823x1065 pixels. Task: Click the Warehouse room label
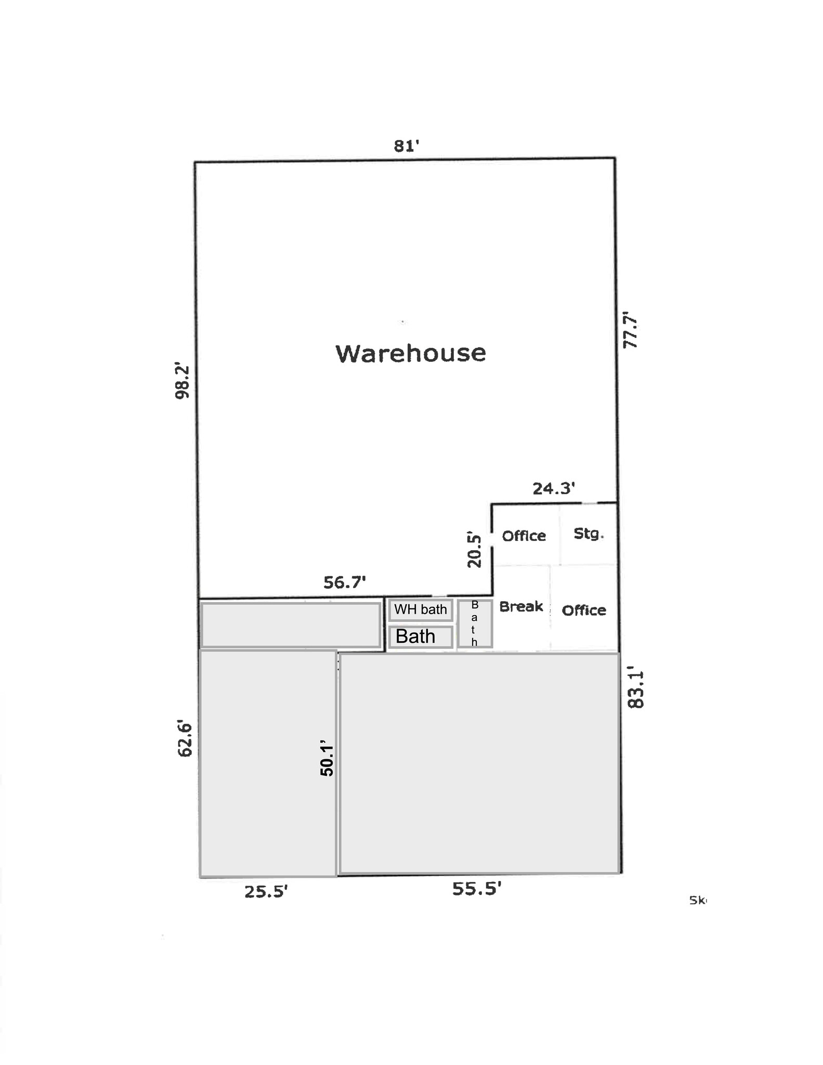[x=411, y=353]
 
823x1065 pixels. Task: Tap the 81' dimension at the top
[x=406, y=146]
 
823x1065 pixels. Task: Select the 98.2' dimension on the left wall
[x=182, y=381]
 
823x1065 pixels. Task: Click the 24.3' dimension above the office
[x=553, y=488]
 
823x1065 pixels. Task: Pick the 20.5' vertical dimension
[x=474, y=549]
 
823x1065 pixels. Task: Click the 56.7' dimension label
[x=344, y=582]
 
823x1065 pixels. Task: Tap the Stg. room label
[x=589, y=534]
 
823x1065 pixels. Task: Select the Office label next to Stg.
[x=524, y=536]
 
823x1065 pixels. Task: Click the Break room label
[x=521, y=606]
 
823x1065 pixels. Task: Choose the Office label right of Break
[x=584, y=610]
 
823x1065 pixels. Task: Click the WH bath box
[x=420, y=609]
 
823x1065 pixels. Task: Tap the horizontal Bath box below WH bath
[x=420, y=637]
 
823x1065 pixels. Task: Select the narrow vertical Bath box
[x=475, y=624]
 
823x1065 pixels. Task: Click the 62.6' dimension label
[x=185, y=738]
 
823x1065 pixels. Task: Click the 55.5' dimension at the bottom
[x=476, y=889]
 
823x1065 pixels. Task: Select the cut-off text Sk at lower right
[x=698, y=900]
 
